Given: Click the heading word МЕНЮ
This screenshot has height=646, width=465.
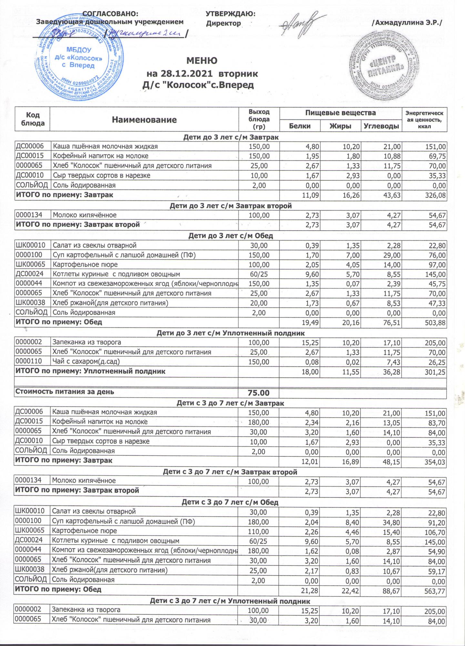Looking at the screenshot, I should click(x=202, y=61).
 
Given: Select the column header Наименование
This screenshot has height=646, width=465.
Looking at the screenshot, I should click(x=144, y=120).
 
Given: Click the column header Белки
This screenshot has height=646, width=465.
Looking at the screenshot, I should click(x=300, y=126).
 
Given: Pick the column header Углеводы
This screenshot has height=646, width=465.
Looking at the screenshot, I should click(x=381, y=126).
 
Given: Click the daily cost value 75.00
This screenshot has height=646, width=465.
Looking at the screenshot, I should click(x=258, y=393).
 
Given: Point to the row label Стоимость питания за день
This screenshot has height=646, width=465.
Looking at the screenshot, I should click(x=65, y=392).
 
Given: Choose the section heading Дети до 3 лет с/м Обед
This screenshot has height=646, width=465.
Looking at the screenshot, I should click(x=230, y=235).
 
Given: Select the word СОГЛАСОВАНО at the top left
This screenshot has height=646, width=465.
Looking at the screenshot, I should click(x=111, y=14).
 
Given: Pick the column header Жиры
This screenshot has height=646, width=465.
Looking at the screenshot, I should click(x=340, y=126).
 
